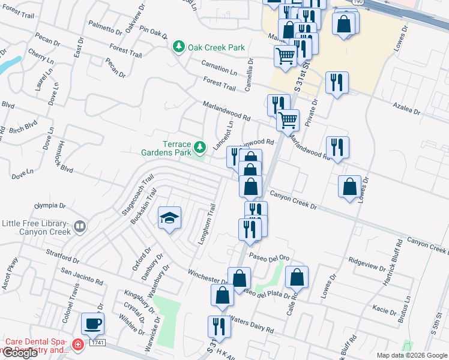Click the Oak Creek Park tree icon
coord(178,47)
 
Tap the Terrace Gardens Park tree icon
coord(200,147)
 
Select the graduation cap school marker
coord(169,218)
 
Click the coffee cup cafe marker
coord(92,323)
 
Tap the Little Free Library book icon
coord(80,227)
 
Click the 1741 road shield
coord(97,343)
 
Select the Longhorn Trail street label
coord(207,224)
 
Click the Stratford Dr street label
coord(63,257)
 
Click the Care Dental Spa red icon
coord(77,344)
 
